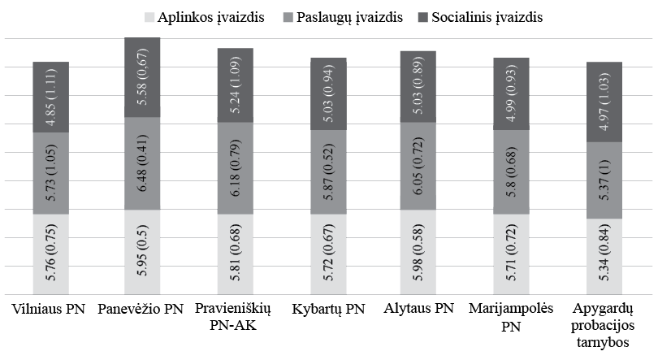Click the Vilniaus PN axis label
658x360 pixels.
point(50,309)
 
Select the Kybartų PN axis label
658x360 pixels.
point(327,309)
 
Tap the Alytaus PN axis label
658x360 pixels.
point(419,309)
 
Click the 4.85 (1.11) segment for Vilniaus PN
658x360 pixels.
point(50,97)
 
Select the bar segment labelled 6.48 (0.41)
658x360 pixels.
point(142,164)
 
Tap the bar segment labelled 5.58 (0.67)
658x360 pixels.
point(142,77)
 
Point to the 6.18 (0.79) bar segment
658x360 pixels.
point(235,168)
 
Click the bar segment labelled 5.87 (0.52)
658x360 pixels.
point(327,172)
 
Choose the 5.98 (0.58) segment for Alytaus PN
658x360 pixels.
point(419,252)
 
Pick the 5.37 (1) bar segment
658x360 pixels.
point(604,180)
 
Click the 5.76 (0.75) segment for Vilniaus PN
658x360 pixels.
point(50,254)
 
